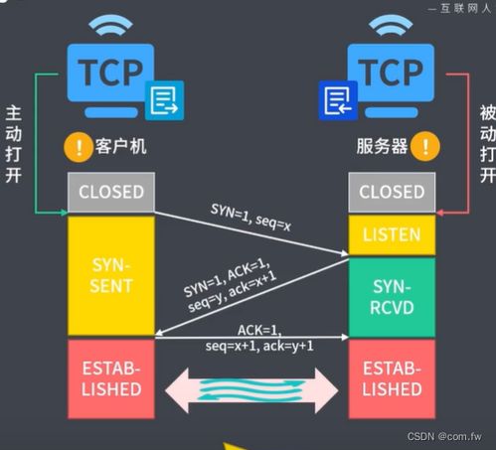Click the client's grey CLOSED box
pos(111,192)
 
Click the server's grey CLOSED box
pos(391,192)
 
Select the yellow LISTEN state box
pos(391,235)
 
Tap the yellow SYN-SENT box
pos(111,275)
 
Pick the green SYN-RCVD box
pos(391,297)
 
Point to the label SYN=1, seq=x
pos(250,201)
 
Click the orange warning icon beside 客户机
pos(76,148)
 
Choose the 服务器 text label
pos(383,148)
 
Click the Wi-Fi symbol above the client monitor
pos(111,28)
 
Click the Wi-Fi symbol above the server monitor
pos(391,28)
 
